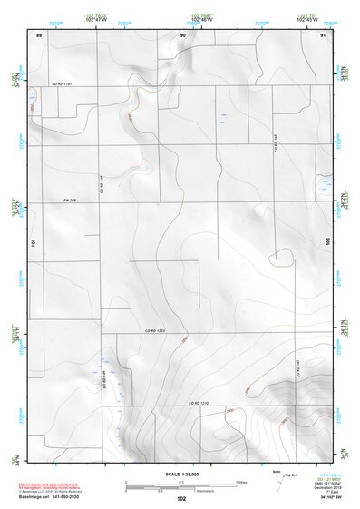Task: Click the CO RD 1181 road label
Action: (x=61, y=83)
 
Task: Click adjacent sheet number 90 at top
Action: (x=182, y=34)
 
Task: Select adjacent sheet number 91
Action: (x=323, y=34)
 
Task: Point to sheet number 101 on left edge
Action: (x=32, y=243)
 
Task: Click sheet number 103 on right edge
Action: (x=328, y=241)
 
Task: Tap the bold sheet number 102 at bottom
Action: (x=181, y=499)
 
